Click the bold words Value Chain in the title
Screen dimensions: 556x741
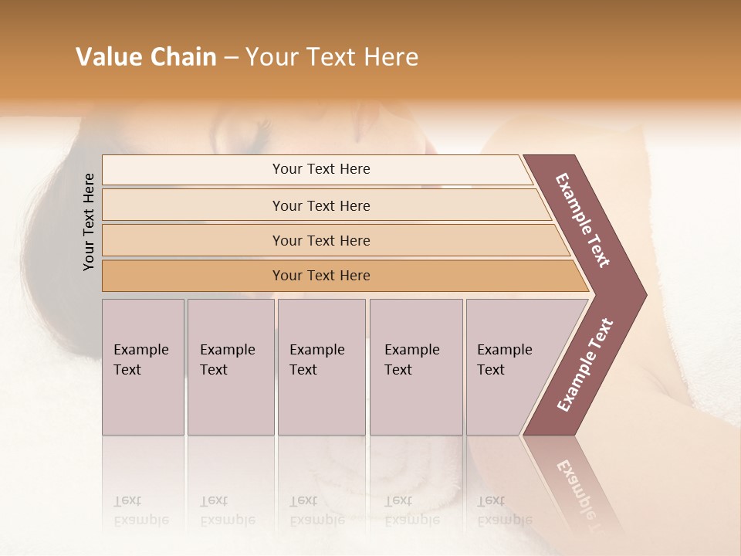point(146,57)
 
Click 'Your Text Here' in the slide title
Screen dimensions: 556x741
point(332,57)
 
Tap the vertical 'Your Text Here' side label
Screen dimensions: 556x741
point(89,222)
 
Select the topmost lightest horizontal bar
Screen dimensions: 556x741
point(316,169)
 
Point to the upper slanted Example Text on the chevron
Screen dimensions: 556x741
point(583,221)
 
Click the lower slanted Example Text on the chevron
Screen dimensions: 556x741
point(585,364)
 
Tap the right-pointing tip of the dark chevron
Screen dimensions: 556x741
point(642,294)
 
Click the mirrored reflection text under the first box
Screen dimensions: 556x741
point(140,510)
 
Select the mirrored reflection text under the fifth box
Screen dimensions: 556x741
point(505,510)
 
